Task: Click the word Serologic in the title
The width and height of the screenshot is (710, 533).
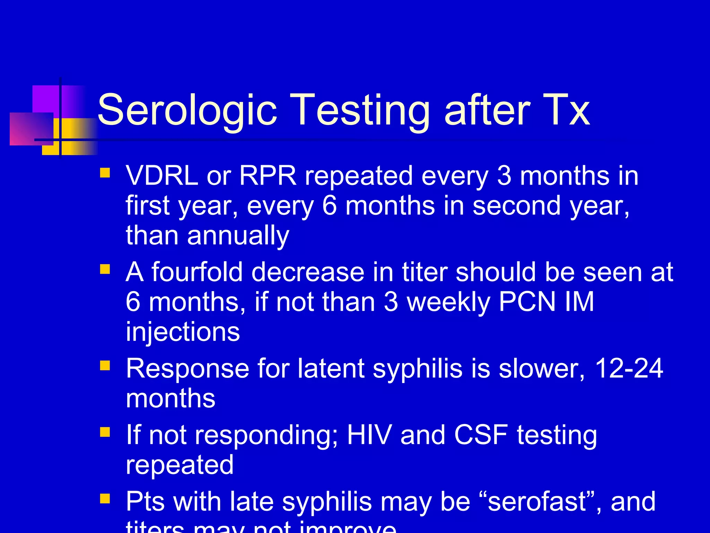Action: pos(187,110)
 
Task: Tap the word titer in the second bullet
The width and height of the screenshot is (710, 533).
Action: pos(424,272)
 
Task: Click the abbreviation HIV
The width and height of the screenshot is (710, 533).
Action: pos(370,435)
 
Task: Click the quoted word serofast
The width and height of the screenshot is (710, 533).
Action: pos(537,502)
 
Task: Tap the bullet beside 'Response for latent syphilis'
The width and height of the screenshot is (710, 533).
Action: pos(105,366)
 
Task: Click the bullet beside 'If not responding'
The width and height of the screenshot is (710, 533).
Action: pos(105,432)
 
